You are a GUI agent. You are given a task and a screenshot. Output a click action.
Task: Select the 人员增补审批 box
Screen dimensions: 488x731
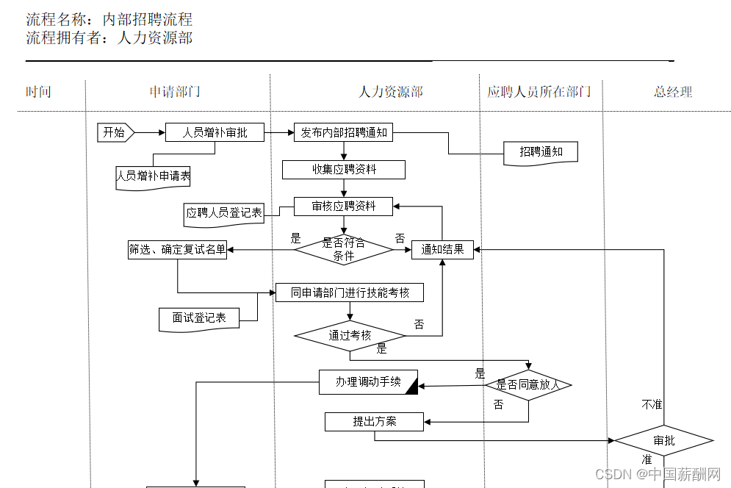coord(215,132)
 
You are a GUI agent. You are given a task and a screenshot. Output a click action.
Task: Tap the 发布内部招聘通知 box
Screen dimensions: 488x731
coord(344,132)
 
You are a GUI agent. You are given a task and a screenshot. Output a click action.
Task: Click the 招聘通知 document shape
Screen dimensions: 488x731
coord(541,152)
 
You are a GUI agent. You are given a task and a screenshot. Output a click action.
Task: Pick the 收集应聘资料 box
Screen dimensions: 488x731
coord(344,170)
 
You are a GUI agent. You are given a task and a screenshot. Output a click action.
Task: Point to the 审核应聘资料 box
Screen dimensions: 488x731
coord(344,207)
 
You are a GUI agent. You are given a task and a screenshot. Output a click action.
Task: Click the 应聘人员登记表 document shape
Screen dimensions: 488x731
coord(224,213)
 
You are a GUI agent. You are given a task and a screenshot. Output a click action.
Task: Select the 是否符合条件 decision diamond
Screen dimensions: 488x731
coord(344,250)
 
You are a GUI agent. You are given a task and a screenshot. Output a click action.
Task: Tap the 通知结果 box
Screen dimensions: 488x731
coord(442,250)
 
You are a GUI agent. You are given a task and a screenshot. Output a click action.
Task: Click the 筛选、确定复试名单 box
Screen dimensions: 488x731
coord(177,250)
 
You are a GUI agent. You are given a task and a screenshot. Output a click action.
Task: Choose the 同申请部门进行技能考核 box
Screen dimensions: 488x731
coord(350,293)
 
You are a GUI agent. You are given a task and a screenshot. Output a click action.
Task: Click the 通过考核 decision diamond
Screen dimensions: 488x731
coord(350,336)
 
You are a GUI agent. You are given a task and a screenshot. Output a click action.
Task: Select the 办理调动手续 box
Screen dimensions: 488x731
coord(367,382)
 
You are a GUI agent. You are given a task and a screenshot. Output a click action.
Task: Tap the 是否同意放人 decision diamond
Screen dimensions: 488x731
coord(528,384)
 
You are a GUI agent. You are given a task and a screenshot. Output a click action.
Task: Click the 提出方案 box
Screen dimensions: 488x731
coord(375,422)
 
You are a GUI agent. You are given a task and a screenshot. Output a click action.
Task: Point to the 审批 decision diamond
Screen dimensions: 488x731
coord(663,441)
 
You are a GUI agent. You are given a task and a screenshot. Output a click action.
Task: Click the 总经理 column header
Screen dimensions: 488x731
coord(673,92)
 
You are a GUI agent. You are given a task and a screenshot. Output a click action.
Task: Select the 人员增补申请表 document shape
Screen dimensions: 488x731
coord(154,176)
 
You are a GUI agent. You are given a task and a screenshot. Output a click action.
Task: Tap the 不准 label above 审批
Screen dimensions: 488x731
coord(652,405)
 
